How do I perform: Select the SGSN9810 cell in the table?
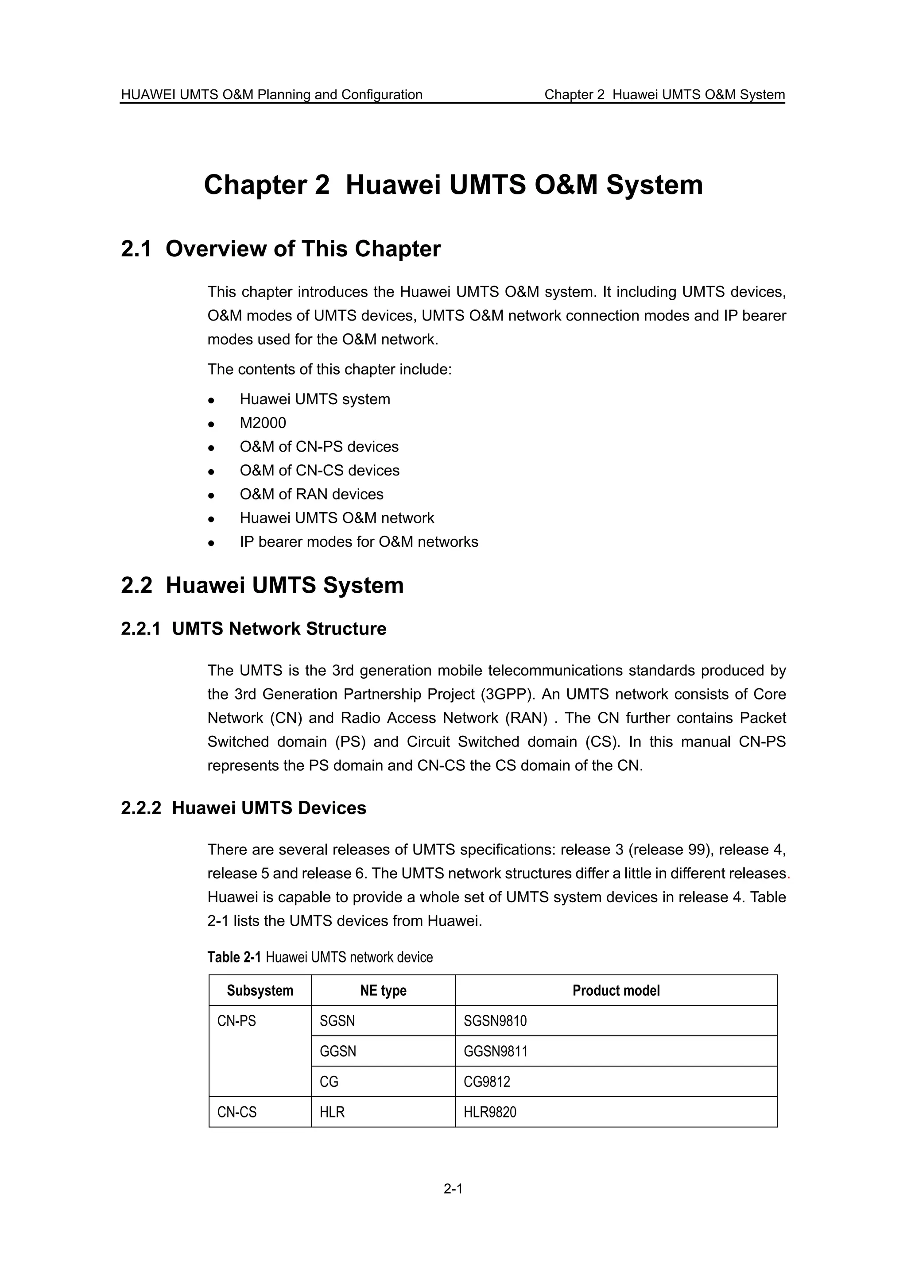pyautogui.click(x=495, y=1021)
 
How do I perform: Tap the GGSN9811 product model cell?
pyautogui.click(x=496, y=1051)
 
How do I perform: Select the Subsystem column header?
pyautogui.click(x=260, y=990)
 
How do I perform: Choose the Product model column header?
pyautogui.click(x=616, y=990)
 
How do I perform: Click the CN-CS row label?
pyautogui.click(x=237, y=1112)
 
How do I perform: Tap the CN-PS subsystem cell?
pyautogui.click(x=236, y=1021)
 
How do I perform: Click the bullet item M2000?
pyautogui.click(x=263, y=423)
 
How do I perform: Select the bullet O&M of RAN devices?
pyautogui.click(x=311, y=495)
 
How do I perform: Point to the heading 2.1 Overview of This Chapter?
pyautogui.click(x=280, y=249)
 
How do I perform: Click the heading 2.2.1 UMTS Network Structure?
pyautogui.click(x=253, y=629)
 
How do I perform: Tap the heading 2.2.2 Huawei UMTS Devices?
pyautogui.click(x=243, y=808)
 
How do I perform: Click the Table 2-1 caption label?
pyautogui.click(x=234, y=957)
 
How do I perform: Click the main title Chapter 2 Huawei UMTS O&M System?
pyautogui.click(x=453, y=185)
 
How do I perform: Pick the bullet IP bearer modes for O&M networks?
pyautogui.click(x=359, y=542)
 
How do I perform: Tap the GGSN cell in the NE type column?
pyautogui.click(x=337, y=1051)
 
